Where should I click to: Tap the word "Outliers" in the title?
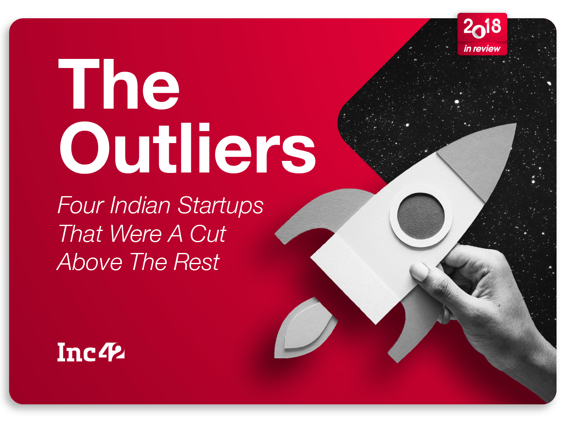click(x=187, y=148)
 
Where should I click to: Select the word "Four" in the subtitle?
click(x=80, y=205)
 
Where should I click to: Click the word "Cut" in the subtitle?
click(x=208, y=234)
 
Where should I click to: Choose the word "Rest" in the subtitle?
click(x=196, y=262)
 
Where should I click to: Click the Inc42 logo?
click(x=90, y=352)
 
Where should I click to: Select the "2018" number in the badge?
click(x=482, y=27)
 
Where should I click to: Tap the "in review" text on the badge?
click(x=482, y=49)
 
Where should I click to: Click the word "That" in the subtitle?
click(x=80, y=234)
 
